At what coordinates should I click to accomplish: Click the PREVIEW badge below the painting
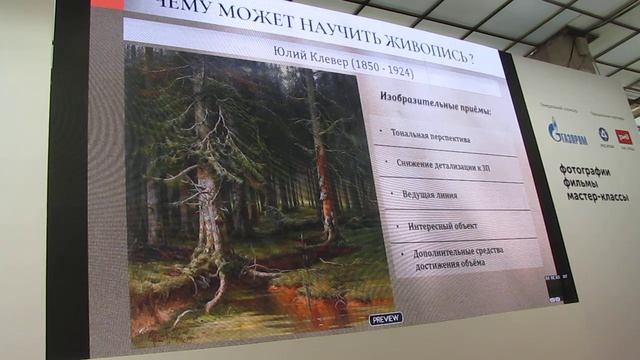386,319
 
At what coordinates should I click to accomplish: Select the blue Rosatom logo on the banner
603,134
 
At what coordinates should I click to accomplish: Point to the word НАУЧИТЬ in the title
301,27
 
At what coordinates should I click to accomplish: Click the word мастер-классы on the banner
597,197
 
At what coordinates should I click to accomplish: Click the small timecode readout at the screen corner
555,278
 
